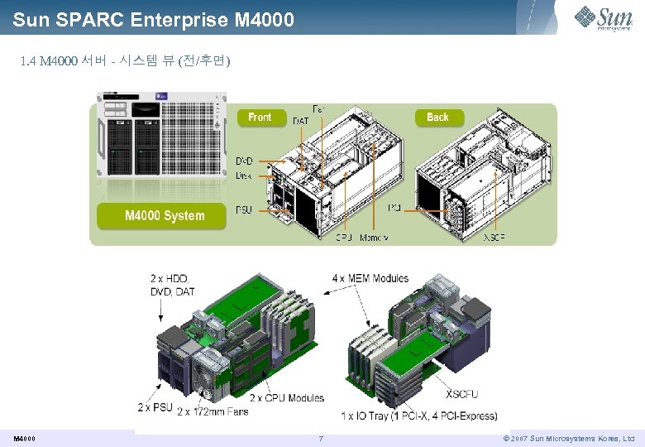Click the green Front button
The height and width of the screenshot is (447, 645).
tap(260, 118)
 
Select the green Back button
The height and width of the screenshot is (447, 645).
tap(437, 118)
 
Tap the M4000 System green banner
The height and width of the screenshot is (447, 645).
tap(164, 216)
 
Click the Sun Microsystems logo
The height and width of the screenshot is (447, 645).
tap(608, 17)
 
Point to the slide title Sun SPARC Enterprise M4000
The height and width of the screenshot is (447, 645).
tap(153, 18)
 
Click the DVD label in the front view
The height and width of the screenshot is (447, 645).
tap(245, 161)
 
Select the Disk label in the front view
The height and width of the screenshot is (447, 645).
tap(245, 175)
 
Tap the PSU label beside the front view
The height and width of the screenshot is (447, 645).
tap(245, 209)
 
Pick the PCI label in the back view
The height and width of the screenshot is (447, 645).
tap(395, 208)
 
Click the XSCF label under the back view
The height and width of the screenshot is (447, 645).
tap(494, 238)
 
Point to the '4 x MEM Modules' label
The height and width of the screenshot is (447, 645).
tap(370, 278)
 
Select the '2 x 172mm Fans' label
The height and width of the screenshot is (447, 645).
tap(213, 411)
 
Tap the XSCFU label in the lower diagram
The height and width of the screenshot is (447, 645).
tap(461, 394)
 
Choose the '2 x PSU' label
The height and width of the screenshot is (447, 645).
tap(155, 407)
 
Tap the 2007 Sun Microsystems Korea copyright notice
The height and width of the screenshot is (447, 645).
tap(568, 438)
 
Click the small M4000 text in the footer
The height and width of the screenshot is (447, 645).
tap(24, 438)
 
